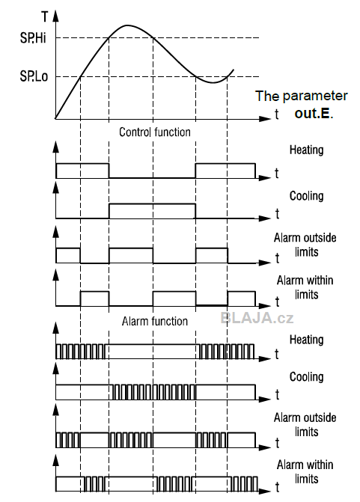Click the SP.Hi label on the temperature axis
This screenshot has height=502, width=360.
click(33, 37)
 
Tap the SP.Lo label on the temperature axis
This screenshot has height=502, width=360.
click(34, 76)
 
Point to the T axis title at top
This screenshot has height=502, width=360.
click(45, 16)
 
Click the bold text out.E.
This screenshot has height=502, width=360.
click(314, 113)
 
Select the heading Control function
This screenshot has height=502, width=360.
click(155, 132)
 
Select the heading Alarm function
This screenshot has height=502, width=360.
click(155, 321)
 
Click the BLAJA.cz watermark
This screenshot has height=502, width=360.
click(257, 318)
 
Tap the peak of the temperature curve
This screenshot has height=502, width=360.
click(127, 25)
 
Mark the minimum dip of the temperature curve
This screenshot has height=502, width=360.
click(213, 82)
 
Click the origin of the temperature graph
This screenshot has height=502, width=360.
click(56, 119)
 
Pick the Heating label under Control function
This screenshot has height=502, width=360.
click(307, 150)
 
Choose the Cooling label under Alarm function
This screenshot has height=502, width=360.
click(307, 377)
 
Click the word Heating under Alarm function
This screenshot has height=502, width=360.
click(307, 340)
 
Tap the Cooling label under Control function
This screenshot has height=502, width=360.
click(307, 195)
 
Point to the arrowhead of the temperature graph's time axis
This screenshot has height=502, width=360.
click(265, 119)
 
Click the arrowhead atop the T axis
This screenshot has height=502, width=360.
click(56, 16)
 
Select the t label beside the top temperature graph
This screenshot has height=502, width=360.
click(277, 114)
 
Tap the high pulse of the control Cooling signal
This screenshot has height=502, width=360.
click(152, 203)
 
